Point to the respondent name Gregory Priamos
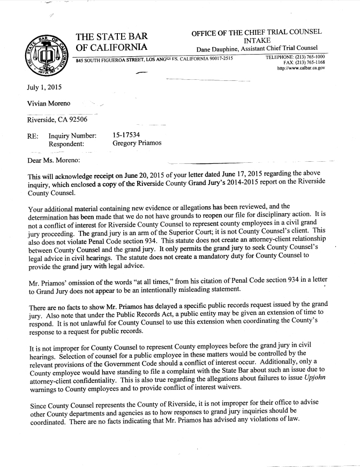pos(137,144)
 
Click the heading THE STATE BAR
pos(112,37)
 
